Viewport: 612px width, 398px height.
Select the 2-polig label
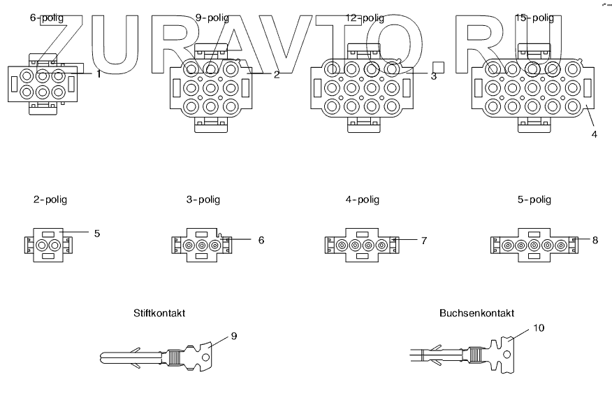point(50,200)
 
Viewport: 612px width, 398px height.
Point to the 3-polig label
point(203,200)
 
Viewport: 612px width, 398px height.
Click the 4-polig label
point(363,200)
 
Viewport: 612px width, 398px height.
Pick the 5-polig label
point(534,200)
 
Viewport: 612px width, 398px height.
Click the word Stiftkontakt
point(159,313)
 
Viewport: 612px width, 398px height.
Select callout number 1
point(99,73)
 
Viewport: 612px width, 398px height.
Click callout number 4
point(594,134)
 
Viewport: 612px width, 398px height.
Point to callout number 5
point(97,233)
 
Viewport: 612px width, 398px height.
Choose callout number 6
point(261,240)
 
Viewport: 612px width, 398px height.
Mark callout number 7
point(423,240)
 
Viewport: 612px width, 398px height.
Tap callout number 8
point(595,240)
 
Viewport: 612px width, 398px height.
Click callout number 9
point(234,336)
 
